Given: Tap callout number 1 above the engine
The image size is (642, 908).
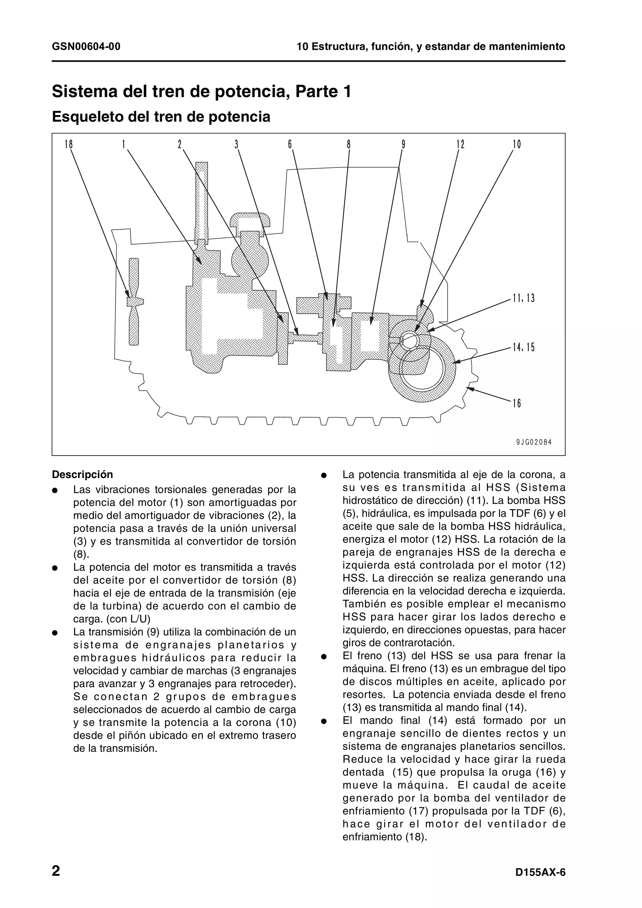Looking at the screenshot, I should click(124, 144).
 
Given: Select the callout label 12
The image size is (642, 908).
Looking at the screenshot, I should click(460, 144).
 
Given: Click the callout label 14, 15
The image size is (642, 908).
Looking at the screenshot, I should click(523, 347).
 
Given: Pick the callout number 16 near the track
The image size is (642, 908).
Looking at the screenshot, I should click(517, 403).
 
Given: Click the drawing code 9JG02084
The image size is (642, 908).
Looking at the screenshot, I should click(534, 442).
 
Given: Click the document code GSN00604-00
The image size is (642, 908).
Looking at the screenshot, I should click(86, 47).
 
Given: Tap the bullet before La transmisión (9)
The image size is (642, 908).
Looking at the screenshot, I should click(55, 633).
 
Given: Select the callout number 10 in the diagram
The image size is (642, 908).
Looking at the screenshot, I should click(517, 144).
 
